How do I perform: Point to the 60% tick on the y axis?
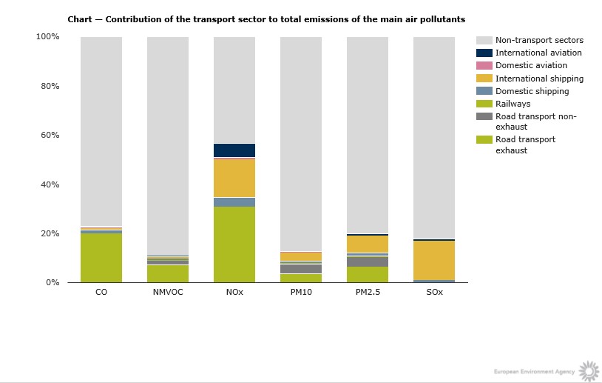49,135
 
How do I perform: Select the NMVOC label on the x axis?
168,293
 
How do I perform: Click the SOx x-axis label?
434,293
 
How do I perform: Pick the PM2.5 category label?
368,293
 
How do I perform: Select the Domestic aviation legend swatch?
484,66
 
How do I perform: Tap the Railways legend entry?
513,104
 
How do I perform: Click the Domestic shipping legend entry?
532,91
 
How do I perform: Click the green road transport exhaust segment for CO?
101,258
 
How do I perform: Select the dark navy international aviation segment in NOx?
234,150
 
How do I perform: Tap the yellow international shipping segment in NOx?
234,178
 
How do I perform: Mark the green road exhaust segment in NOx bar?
234,244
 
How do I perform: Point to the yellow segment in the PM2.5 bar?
368,244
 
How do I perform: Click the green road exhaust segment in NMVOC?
168,273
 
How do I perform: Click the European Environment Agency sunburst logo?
588,370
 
